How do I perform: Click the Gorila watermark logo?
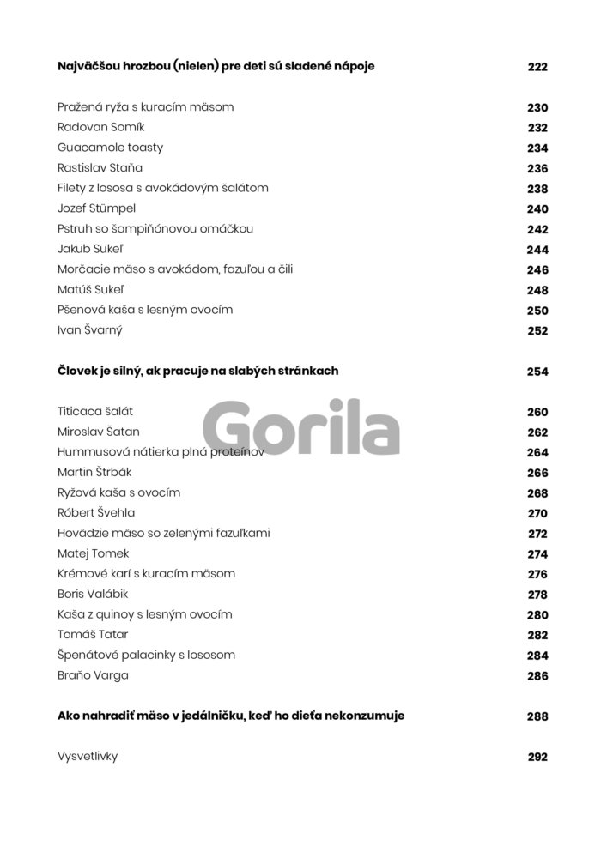coord(301,427)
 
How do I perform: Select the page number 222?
coord(537,67)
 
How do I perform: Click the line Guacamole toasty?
coord(110,148)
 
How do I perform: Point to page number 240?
coord(537,208)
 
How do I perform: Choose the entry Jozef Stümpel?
coord(97,208)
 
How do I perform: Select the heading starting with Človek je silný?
coord(197,371)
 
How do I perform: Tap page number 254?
coord(537,372)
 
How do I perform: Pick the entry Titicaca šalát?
coord(95,412)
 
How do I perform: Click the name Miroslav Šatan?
coord(98,432)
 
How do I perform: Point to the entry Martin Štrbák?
coord(94,473)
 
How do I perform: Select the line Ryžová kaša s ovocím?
coord(118,493)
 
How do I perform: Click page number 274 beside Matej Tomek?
coord(537,554)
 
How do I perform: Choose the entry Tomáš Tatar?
coord(94,635)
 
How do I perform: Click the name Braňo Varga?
coord(93,675)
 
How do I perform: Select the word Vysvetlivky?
coord(87,757)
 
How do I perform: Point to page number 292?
coord(537,758)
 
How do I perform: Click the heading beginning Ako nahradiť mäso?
coord(230,715)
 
